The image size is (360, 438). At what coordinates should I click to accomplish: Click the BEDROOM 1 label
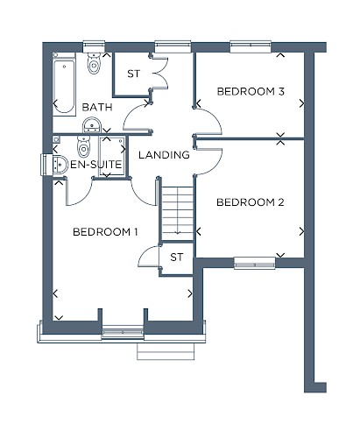tap(105, 232)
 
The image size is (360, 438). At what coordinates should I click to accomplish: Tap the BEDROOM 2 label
tap(251, 202)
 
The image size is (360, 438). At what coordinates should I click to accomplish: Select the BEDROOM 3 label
tap(251, 92)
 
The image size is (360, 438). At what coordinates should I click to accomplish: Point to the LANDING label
tap(164, 155)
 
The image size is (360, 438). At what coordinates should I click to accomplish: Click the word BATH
tap(97, 108)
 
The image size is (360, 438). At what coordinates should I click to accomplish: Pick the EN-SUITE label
tap(96, 165)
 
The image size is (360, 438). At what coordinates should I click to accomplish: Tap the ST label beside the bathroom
tap(134, 74)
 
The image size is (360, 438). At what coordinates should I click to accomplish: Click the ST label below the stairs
tap(177, 258)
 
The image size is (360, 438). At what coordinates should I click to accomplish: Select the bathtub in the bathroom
tap(64, 84)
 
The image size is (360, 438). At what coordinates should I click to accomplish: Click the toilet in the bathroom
tap(94, 63)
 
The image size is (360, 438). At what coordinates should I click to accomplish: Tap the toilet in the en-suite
tap(83, 146)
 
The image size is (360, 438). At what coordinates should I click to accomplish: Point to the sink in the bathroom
tap(92, 125)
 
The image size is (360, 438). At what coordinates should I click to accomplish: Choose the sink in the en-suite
tap(59, 166)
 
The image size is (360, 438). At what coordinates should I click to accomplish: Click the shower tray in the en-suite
tap(112, 156)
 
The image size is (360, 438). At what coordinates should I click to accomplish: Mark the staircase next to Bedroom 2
tap(178, 214)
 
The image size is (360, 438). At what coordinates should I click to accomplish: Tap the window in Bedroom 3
tap(251, 46)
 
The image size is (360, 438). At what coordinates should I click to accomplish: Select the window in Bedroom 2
tap(255, 263)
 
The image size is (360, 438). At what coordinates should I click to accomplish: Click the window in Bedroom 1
tap(123, 332)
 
